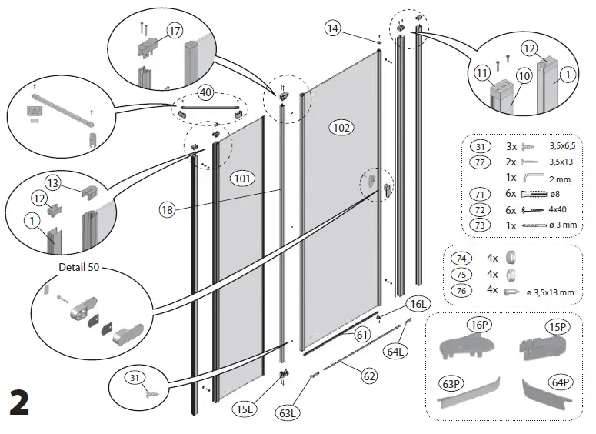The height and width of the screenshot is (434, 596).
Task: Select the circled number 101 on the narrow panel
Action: [242, 179]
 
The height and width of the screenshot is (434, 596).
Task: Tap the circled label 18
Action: [168, 209]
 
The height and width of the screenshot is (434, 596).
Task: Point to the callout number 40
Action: [205, 92]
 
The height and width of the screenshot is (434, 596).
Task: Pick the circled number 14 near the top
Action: [332, 28]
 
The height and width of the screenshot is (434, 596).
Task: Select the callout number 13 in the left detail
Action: [52, 182]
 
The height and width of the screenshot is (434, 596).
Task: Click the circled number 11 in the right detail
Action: [482, 74]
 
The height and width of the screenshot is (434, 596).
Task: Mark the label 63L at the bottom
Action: [288, 412]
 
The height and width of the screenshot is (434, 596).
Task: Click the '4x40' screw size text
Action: [557, 210]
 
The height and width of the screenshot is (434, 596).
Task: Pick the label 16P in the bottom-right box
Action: [479, 325]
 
